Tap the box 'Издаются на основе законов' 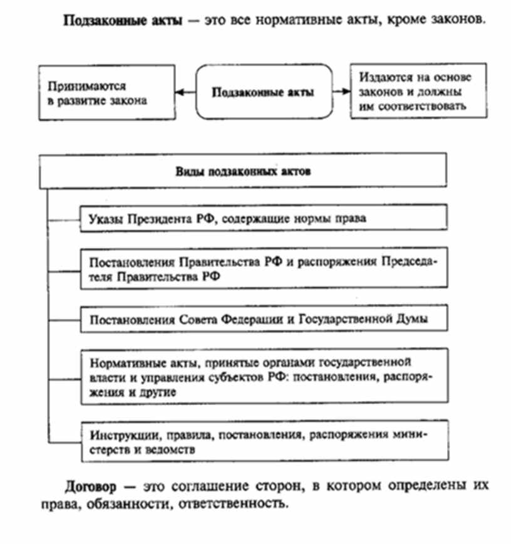(418, 92)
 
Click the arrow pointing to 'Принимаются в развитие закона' (185, 92)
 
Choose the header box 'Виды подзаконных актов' (242, 171)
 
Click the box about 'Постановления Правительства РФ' (263, 268)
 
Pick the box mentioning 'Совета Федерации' (263, 319)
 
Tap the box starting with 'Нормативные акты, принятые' (263, 377)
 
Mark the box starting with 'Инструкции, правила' (263, 441)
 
